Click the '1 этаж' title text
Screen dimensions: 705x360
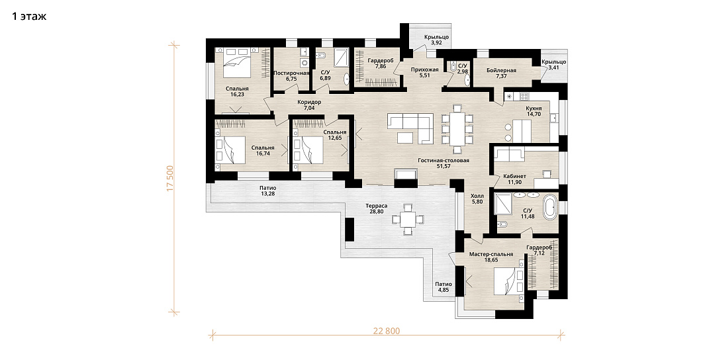tap(29, 17)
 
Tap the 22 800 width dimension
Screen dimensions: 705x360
tap(386, 332)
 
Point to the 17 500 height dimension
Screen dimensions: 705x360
tap(170, 179)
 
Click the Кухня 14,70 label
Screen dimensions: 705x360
tap(534, 111)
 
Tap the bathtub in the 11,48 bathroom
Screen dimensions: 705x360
tap(550, 207)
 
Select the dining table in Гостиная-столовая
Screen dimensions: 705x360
tap(457, 128)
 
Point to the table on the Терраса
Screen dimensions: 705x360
tap(408, 219)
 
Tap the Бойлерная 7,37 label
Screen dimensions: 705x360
tap(501, 73)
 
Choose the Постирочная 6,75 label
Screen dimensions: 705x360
tap(291, 75)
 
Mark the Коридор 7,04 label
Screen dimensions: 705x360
tap(309, 105)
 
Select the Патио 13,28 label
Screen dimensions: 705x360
tap(267, 191)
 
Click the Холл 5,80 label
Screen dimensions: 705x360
tap(477, 199)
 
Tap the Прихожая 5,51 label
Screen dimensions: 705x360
tap(424, 72)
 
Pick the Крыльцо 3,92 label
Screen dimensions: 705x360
tap(436, 40)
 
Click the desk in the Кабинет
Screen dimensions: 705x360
tap(546, 183)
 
